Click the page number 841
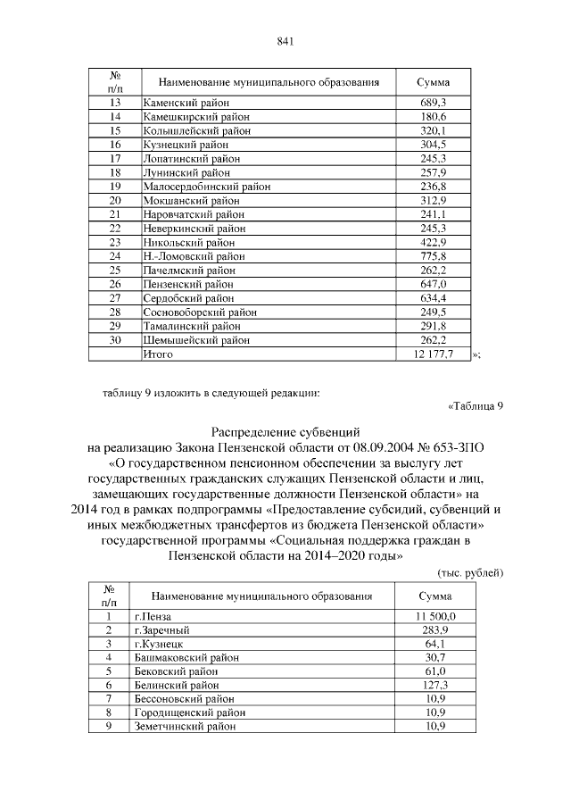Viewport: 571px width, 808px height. [x=285, y=40]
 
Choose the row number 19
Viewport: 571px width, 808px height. [x=114, y=187]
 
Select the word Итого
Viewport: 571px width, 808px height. [x=158, y=354]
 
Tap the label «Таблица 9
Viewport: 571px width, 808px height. [x=476, y=406]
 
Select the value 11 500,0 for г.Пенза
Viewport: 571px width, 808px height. [x=435, y=616]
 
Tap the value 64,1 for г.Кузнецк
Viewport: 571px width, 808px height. [x=435, y=644]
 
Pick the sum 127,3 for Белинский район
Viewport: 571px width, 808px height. [x=435, y=685]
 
